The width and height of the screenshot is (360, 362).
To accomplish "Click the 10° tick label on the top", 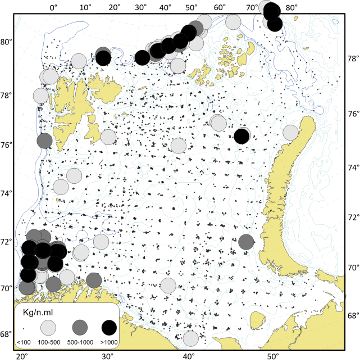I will tap(85, 7).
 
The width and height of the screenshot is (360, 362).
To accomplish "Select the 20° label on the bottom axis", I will tap(22, 356).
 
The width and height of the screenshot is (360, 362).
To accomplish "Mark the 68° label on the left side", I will tap(7, 334).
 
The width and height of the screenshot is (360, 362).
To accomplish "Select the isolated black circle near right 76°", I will tap(242, 136).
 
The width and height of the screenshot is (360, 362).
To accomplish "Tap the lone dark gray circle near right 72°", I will tap(246, 242).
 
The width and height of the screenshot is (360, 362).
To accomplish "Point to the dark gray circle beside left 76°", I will tap(44, 141).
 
